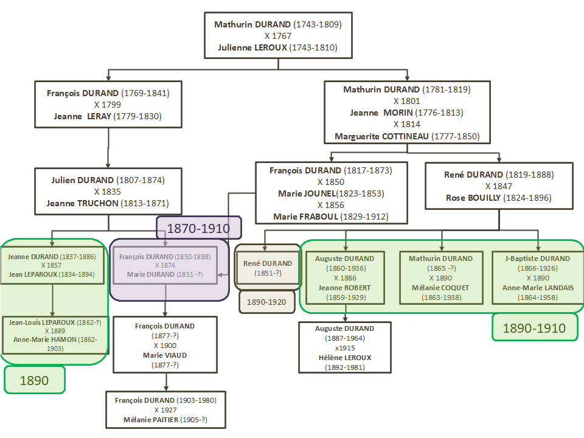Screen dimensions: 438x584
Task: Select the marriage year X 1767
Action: pyautogui.click(x=277, y=36)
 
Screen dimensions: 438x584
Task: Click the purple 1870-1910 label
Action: pyautogui.click(x=198, y=229)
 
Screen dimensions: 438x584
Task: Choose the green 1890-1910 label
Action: pyautogui.click(x=534, y=328)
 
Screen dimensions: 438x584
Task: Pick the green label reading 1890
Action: pyautogui.click(x=34, y=380)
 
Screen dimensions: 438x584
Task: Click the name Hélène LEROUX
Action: pyautogui.click(x=344, y=358)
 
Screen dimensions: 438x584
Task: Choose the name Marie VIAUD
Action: pyautogui.click(x=164, y=355)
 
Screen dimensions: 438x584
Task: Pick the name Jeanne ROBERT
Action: pyautogui.click(x=344, y=288)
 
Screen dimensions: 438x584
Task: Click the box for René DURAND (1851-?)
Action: pyautogui.click(x=268, y=268)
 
